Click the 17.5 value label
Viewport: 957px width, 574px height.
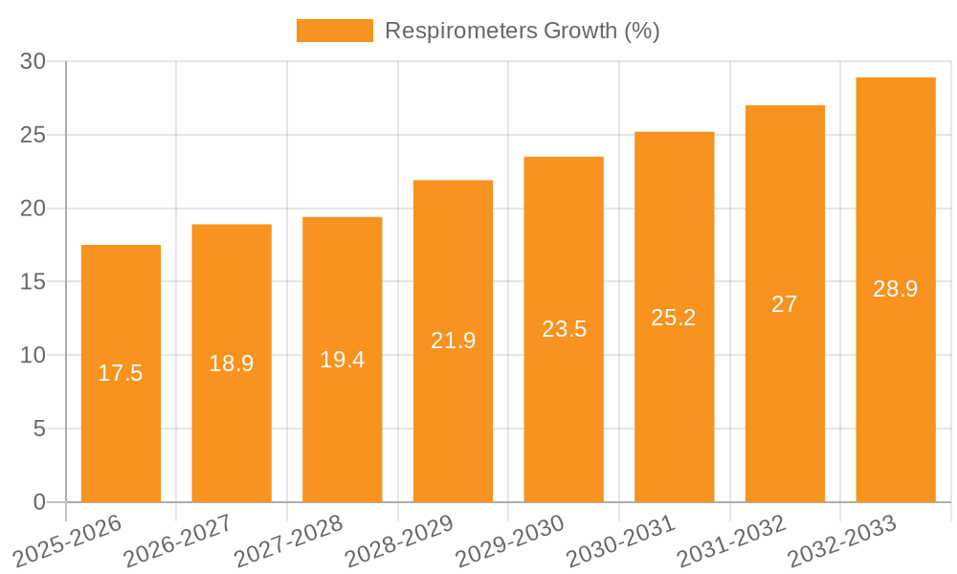click(121, 373)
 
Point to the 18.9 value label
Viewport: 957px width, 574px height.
click(232, 364)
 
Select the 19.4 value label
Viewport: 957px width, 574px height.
click(343, 360)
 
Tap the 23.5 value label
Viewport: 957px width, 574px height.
click(564, 329)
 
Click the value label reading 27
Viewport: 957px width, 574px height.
click(785, 304)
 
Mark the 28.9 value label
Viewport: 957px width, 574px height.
click(896, 289)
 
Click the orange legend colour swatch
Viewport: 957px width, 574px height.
click(334, 31)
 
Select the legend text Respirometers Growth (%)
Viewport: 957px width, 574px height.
click(523, 31)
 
